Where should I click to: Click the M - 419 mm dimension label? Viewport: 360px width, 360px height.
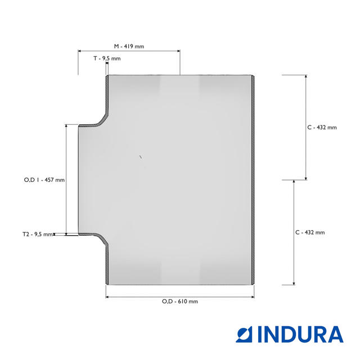tap(129, 46)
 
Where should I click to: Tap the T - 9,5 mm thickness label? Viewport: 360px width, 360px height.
tap(107, 58)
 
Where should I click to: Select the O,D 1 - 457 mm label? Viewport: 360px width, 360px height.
tap(44, 180)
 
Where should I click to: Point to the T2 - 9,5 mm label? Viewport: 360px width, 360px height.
tap(38, 234)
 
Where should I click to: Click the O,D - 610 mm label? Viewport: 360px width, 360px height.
tap(180, 301)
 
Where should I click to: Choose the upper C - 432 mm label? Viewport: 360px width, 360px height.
tap(322, 128)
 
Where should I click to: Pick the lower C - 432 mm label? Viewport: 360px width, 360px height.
tap(310, 232)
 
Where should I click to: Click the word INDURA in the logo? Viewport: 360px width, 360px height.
tap(300, 334)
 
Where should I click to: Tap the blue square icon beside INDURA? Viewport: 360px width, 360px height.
tap(244, 334)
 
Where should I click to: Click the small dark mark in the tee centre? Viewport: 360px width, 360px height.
tap(141, 157)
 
